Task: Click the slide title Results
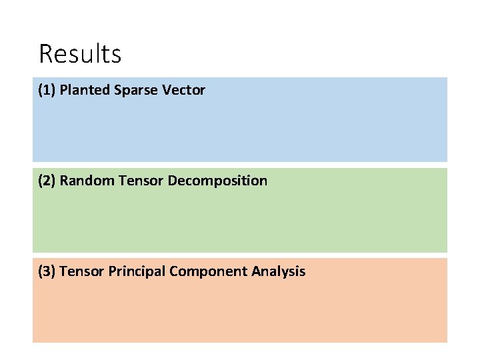[x=80, y=53]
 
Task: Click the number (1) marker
[x=47, y=90]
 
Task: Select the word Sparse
[x=133, y=90]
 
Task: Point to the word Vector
[x=183, y=90]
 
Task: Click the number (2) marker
[x=47, y=181]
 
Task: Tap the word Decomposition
[x=217, y=181]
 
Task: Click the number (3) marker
[x=47, y=271]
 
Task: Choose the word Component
[x=209, y=271]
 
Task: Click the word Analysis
[x=279, y=271]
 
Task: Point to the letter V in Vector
[x=166, y=90]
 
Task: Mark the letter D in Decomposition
[x=173, y=181]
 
